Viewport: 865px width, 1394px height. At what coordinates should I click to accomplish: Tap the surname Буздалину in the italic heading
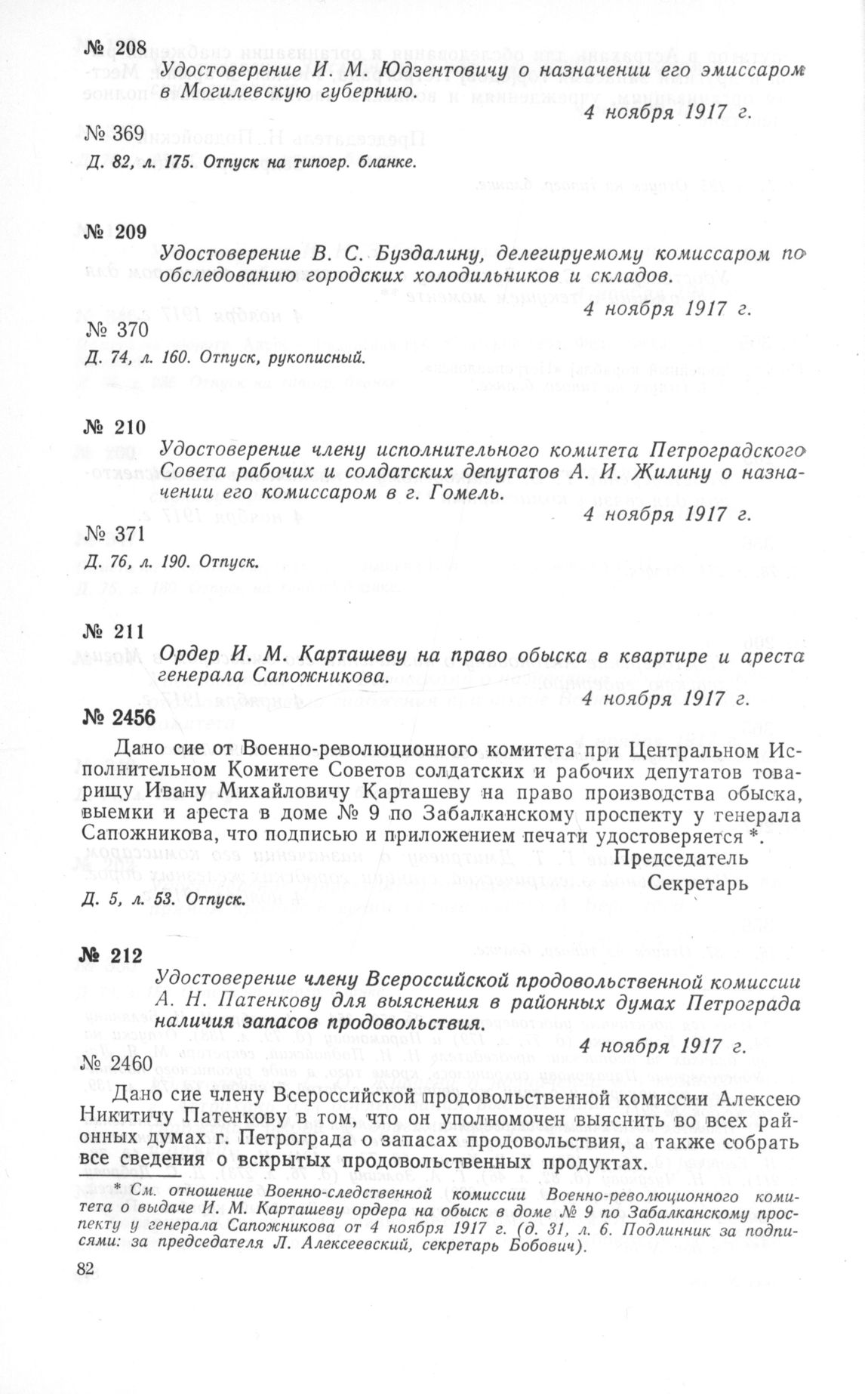coord(429,253)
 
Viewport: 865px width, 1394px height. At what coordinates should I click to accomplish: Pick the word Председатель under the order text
coord(681,858)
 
